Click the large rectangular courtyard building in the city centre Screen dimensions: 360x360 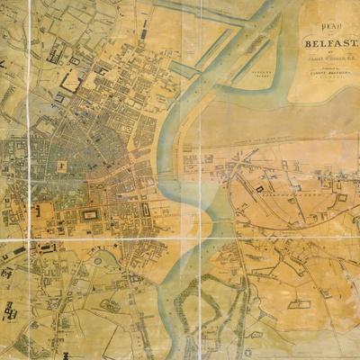(x=90, y=214)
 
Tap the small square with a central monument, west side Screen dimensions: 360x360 (x=60, y=166)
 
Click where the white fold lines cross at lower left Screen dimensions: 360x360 (x=28, y=240)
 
